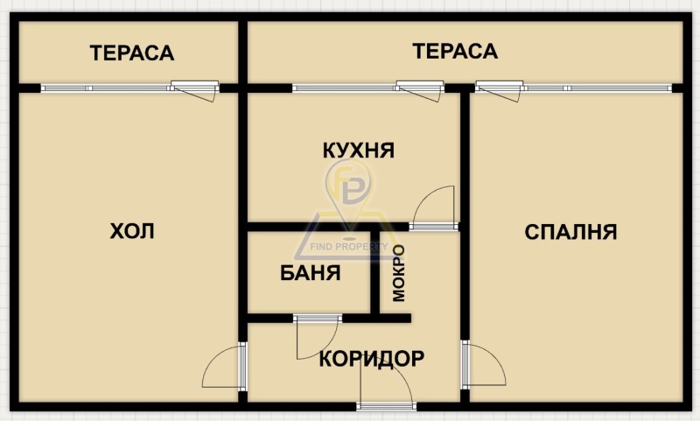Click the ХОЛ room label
tap(132, 231)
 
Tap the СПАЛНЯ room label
tap(570, 232)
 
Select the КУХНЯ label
tap(359, 151)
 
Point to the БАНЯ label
tap(311, 273)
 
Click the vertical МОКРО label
tap(399, 273)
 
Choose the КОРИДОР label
tap(371, 359)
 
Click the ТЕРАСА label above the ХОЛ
tap(132, 53)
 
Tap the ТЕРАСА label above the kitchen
tap(455, 51)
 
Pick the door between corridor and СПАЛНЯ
tap(484, 364)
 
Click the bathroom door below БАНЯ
tap(318, 337)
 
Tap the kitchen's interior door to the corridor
tap(434, 208)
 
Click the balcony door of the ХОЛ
tap(195, 91)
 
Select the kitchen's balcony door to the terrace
tap(420, 91)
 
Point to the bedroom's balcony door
tap(499, 91)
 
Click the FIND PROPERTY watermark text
tap(349, 247)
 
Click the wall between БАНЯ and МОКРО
tap(375, 272)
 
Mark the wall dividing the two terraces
tap(243, 53)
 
